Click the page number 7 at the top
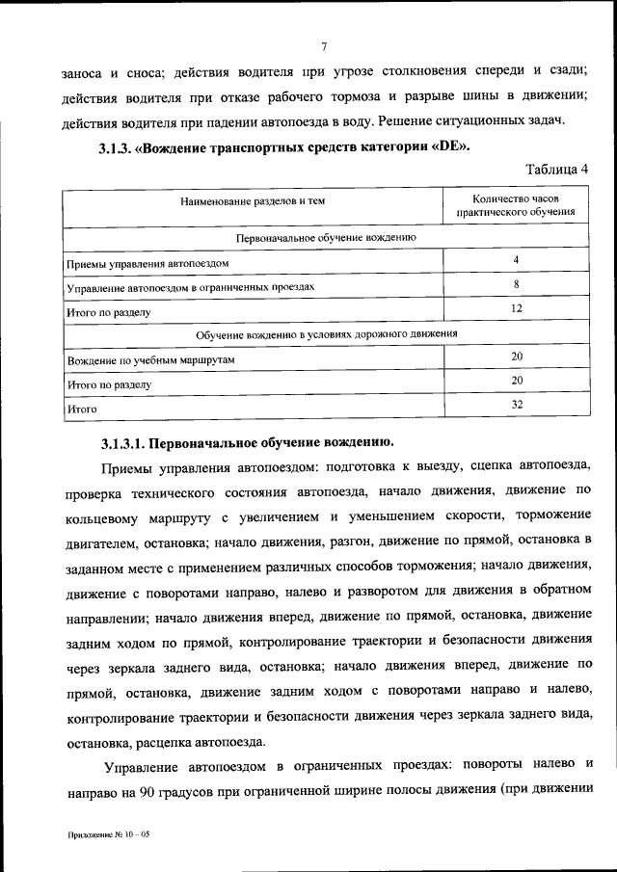point(325,46)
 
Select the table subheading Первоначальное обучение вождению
point(326,236)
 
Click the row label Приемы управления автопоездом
point(148,262)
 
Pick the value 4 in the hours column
point(517,260)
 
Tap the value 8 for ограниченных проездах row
point(517,284)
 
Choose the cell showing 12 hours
point(517,308)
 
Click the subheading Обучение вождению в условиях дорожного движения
point(326,333)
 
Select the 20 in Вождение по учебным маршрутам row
point(517,357)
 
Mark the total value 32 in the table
point(517,405)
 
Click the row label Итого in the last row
point(82,409)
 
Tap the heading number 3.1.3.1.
point(123,443)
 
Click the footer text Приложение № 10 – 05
point(109,834)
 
